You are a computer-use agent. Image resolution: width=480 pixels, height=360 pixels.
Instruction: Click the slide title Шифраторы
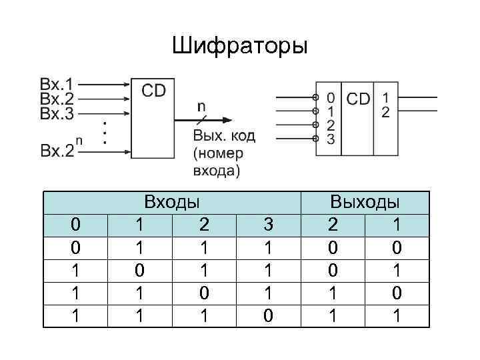(x=239, y=46)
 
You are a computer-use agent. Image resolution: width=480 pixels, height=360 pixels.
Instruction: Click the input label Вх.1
(x=57, y=85)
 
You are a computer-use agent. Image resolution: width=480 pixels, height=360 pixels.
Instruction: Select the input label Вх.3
(x=57, y=113)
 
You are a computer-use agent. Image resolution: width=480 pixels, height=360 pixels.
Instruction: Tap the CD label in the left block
(x=153, y=90)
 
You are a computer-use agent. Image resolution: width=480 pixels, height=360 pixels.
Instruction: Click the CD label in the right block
(x=359, y=99)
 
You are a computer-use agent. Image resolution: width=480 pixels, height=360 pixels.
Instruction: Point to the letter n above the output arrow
(x=201, y=106)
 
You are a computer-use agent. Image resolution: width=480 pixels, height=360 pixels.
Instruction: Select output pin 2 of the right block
(x=385, y=112)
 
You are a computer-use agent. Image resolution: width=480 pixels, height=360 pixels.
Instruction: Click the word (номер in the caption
(x=217, y=153)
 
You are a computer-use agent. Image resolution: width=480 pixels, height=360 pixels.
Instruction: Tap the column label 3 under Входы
(x=267, y=222)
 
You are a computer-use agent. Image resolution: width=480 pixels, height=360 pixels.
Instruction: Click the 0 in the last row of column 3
(x=267, y=314)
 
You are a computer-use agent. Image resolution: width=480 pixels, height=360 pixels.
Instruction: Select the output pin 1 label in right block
(x=385, y=97)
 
